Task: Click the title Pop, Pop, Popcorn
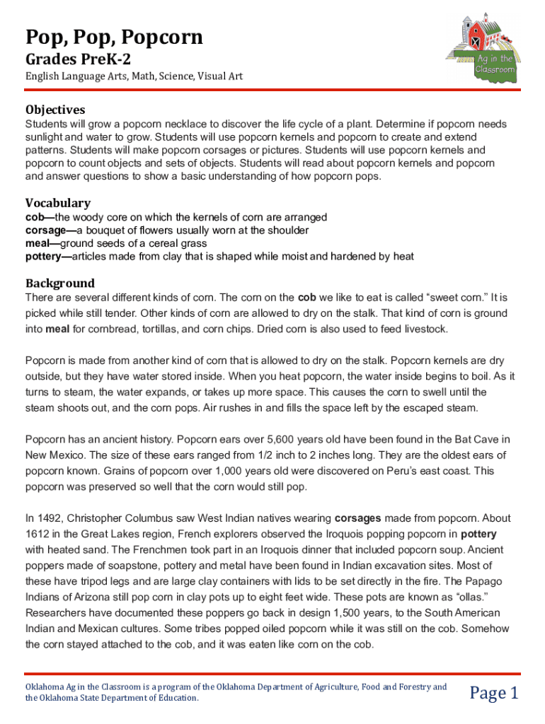tap(114, 37)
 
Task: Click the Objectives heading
tap(55, 110)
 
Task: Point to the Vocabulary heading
tap(58, 203)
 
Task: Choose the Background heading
tap(60, 283)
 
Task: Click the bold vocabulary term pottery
tap(43, 256)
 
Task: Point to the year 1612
tap(38, 534)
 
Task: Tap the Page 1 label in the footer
tap(495, 693)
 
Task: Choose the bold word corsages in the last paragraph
tap(359, 518)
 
